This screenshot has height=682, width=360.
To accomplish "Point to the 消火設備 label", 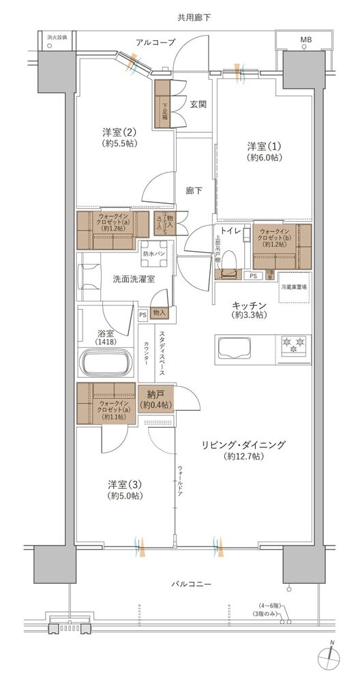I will tap(57, 37).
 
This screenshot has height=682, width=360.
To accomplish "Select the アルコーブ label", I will tap(155, 42).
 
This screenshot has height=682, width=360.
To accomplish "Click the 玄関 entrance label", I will tap(198, 104).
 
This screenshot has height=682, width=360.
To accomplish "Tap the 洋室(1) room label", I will tap(265, 151).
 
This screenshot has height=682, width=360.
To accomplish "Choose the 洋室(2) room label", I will tap(120, 137).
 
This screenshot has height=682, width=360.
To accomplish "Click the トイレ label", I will tap(228, 231).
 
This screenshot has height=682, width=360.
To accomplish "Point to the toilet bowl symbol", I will tap(230, 260).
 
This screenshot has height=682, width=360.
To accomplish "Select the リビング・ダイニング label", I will tap(243, 450).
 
